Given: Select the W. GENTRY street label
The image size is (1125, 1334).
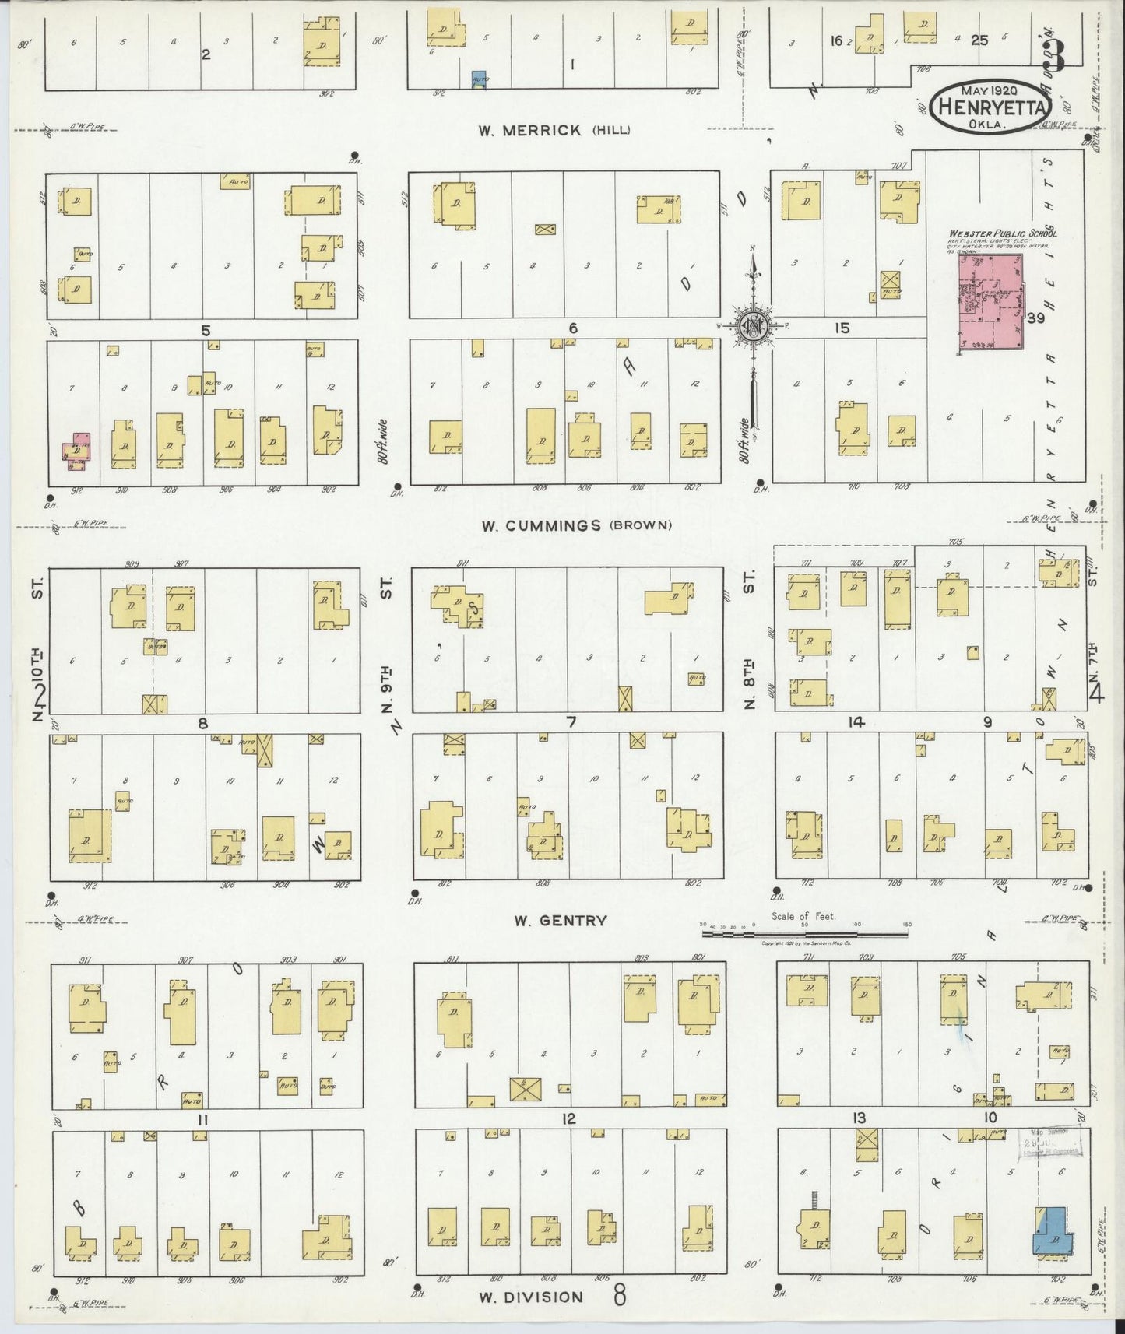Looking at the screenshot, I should tap(560, 921).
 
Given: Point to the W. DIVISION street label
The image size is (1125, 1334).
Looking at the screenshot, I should tap(530, 1297).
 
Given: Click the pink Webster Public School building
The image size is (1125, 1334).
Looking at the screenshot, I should tap(991, 303).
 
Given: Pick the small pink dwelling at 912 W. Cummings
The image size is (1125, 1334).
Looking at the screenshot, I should tap(76, 451).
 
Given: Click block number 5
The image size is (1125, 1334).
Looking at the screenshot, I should tap(206, 330).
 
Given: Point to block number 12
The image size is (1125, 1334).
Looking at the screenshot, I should tap(569, 1118).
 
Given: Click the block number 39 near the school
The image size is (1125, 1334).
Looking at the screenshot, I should tap(1035, 318).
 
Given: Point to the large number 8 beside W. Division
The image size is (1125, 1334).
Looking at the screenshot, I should tap(620, 1297).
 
